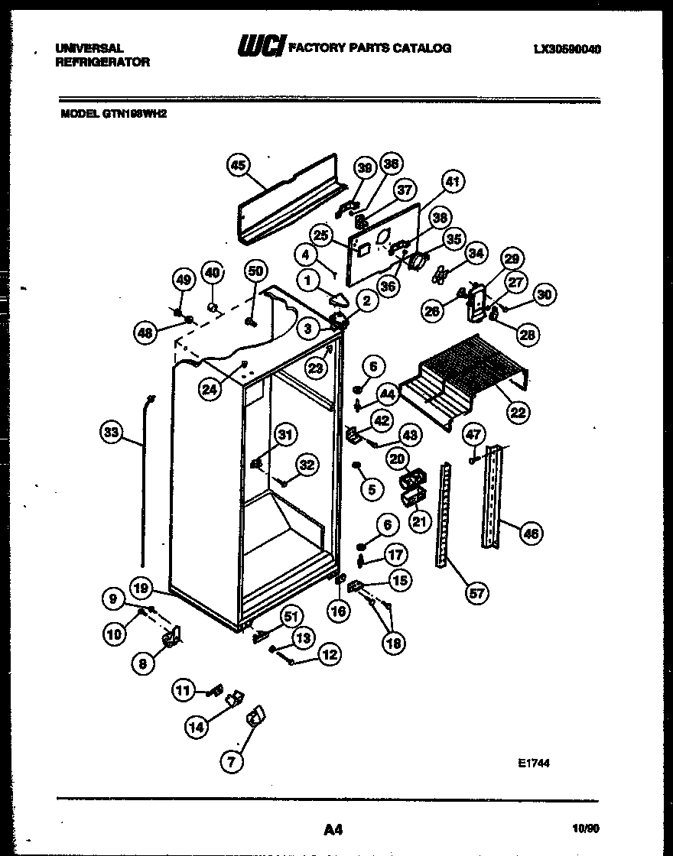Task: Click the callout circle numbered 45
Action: point(239,166)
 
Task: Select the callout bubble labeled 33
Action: point(112,433)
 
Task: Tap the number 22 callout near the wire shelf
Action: point(518,413)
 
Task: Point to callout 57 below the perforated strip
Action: point(477,592)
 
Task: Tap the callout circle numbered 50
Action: point(255,271)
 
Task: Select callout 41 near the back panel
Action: point(453,182)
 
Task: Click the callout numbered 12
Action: point(330,654)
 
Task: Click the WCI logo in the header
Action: point(262,47)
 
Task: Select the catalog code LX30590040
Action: point(567,49)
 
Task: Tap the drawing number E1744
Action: point(533,763)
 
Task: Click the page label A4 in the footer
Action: point(332,828)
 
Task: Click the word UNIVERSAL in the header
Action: point(89,48)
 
